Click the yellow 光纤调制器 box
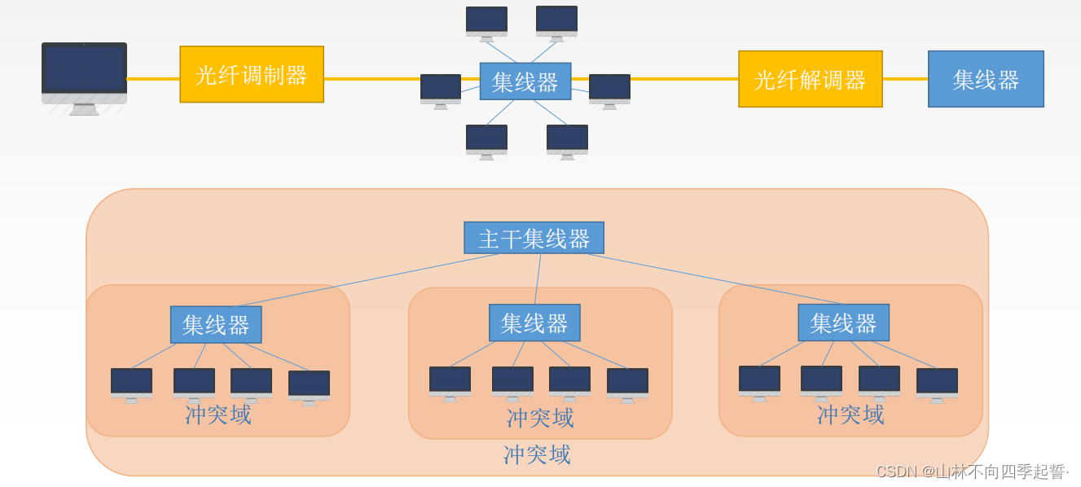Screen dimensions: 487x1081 [x=252, y=74]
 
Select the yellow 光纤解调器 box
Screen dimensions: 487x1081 [x=810, y=79]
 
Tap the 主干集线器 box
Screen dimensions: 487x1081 [x=534, y=238]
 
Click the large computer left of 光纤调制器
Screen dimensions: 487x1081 [x=84, y=77]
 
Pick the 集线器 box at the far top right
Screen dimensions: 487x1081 [x=986, y=79]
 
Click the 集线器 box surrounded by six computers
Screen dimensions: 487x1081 [x=525, y=81]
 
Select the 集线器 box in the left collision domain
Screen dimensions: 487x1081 [x=216, y=324]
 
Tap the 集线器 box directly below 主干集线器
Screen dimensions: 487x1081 [x=534, y=322]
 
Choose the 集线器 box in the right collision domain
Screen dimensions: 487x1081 [x=843, y=322]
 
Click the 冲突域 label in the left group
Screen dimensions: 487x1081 [x=218, y=415]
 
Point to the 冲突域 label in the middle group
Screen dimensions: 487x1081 [x=540, y=418]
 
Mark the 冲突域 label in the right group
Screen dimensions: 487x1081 [x=850, y=415]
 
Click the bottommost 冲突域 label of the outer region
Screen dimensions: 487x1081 [x=537, y=454]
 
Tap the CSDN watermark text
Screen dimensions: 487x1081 [x=971, y=472]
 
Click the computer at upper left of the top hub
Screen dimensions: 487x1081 [x=486, y=22]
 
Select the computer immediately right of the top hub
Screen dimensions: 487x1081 [x=609, y=90]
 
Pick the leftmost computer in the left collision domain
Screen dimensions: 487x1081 [x=131, y=384]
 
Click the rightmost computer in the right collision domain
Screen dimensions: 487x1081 [x=937, y=384]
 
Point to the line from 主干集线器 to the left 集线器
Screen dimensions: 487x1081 [x=367, y=279]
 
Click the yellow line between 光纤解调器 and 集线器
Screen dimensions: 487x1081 [x=905, y=79]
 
